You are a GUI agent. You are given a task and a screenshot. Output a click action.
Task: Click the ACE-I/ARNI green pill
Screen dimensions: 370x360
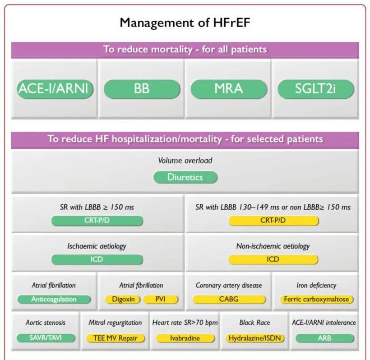[x=55, y=89]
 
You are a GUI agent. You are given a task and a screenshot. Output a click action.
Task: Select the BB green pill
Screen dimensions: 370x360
[x=142, y=89]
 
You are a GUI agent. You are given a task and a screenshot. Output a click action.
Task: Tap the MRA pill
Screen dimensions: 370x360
[x=229, y=89]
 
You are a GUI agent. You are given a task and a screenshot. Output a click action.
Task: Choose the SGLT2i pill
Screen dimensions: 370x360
[x=316, y=89]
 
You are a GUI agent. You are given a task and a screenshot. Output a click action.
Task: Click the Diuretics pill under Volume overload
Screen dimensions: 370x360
[x=185, y=177]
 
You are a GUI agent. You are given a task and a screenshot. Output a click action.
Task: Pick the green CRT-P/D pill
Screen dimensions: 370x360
[x=97, y=221]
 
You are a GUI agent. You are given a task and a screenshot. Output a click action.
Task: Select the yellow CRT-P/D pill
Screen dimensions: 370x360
[x=273, y=221]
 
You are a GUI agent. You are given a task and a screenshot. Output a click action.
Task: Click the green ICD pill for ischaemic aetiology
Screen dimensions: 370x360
[x=97, y=259]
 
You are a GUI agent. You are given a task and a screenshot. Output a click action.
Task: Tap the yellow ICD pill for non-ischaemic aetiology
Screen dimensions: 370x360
[x=273, y=259]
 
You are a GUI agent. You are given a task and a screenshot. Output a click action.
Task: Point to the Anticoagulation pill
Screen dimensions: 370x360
[x=54, y=300]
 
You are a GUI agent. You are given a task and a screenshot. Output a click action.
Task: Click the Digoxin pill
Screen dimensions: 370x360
[x=123, y=300]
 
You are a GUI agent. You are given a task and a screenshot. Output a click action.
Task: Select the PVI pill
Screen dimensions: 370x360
[x=161, y=300]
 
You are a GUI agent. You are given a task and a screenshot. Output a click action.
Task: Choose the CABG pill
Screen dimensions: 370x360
[x=229, y=300]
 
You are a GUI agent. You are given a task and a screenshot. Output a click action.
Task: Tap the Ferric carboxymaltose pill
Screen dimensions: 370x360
[x=316, y=300]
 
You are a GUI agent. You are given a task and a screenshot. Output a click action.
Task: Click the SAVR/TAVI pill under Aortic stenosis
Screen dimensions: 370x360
[x=46, y=338]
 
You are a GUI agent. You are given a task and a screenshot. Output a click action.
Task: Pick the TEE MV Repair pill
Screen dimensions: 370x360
[x=116, y=338]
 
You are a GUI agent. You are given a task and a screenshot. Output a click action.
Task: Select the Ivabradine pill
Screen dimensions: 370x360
[x=185, y=338]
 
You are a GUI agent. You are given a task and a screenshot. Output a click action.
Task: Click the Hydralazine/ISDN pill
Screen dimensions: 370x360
[x=255, y=338]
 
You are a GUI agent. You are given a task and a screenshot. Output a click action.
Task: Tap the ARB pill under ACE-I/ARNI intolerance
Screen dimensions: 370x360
[x=325, y=338]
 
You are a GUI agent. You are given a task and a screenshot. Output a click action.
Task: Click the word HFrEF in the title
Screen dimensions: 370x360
[x=231, y=23]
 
